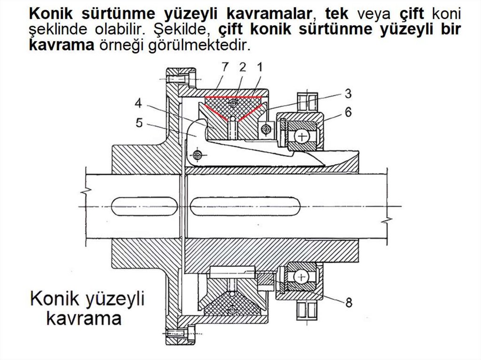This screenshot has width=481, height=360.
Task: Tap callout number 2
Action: (x=242, y=67)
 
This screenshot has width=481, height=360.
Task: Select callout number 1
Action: (x=259, y=67)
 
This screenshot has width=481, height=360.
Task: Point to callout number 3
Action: (x=348, y=94)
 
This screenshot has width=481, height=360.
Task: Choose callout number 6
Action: (x=348, y=112)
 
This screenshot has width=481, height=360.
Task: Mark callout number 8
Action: (x=348, y=303)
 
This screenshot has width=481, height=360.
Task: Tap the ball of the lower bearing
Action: (x=299, y=277)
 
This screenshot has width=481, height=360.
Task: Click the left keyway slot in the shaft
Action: (x=146, y=207)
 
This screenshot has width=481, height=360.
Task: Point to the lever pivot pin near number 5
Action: (x=197, y=154)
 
